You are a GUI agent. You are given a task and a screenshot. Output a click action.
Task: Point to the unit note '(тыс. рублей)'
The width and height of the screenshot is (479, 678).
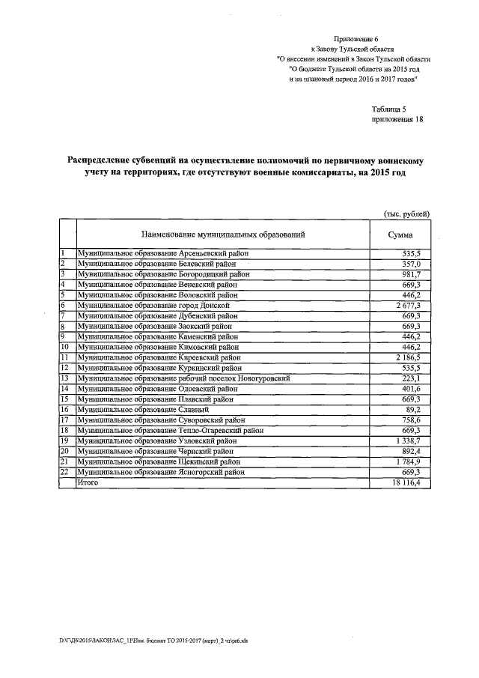coord(407,213)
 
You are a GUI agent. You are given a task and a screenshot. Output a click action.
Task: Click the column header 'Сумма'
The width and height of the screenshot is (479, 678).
coord(400,234)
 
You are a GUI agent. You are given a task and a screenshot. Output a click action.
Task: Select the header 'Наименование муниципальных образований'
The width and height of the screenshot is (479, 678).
coord(221,234)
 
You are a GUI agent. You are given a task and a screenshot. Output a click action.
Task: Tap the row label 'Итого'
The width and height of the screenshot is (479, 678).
coord(88,484)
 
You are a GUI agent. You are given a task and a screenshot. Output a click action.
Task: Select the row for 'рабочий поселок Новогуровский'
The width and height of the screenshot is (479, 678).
coord(184,379)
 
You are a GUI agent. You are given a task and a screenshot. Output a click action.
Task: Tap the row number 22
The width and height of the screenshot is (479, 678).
coord(64,473)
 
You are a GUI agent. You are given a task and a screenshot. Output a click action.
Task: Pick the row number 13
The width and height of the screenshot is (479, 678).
coord(64,379)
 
